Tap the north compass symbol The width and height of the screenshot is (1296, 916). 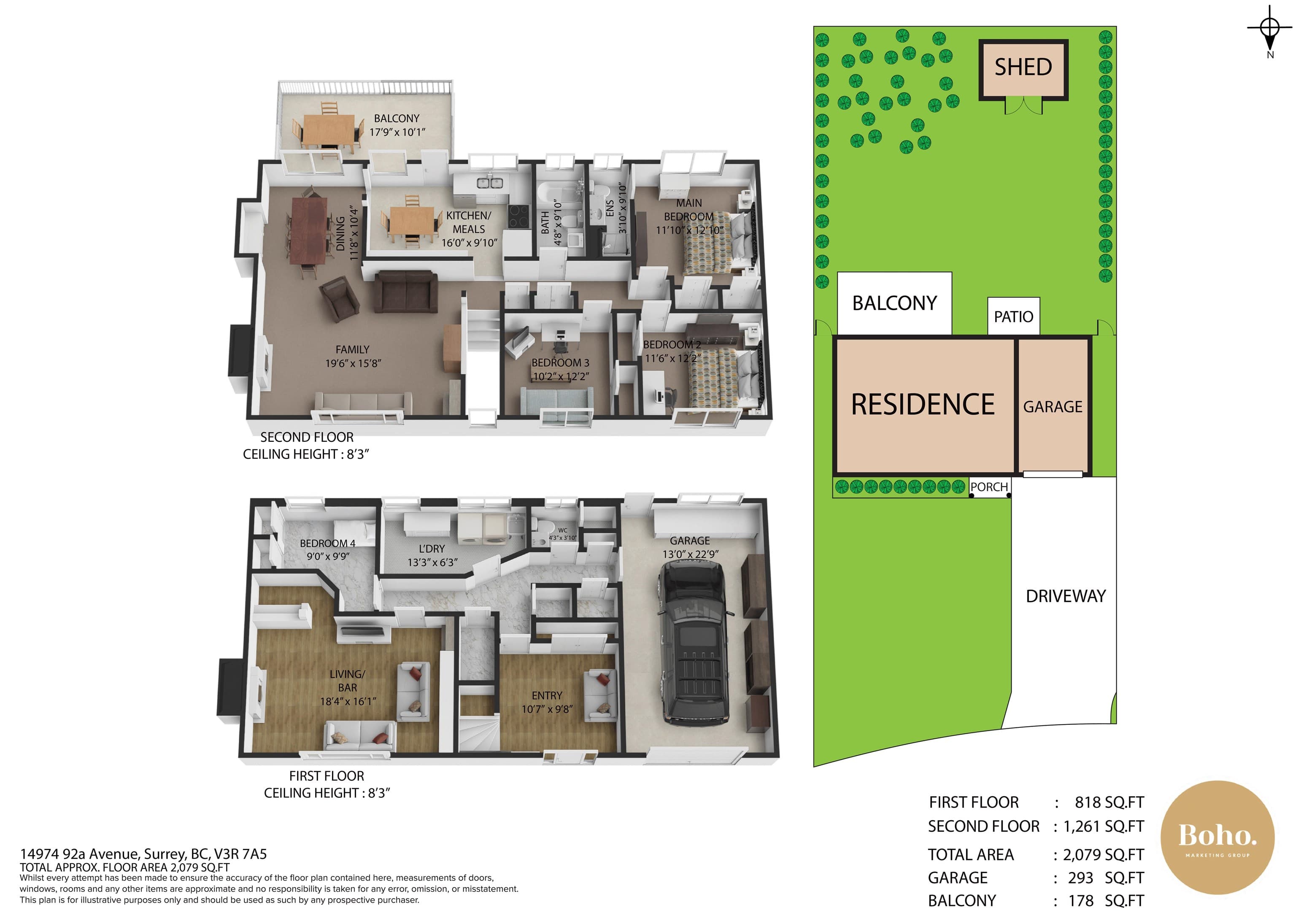[x=1270, y=31]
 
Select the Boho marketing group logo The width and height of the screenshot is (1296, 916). [x=1218, y=838]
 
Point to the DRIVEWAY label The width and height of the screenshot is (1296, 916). [x=1066, y=597]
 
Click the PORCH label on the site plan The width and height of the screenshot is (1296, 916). [x=989, y=487]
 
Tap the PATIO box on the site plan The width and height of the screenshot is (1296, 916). [x=1014, y=316]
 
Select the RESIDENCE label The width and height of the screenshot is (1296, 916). [x=923, y=405]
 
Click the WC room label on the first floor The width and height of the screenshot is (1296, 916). [x=563, y=530]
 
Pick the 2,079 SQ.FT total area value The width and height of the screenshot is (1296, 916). [x=1104, y=855]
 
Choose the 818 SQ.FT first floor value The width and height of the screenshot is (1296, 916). [x=1109, y=803]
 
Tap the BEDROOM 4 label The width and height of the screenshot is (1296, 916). [x=327, y=543]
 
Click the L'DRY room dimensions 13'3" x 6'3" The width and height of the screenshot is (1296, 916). [x=432, y=563]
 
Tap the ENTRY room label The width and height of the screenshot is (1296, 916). [x=547, y=696]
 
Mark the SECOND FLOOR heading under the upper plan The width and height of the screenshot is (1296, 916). [x=307, y=438]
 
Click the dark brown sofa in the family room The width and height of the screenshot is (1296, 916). [x=406, y=291]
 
